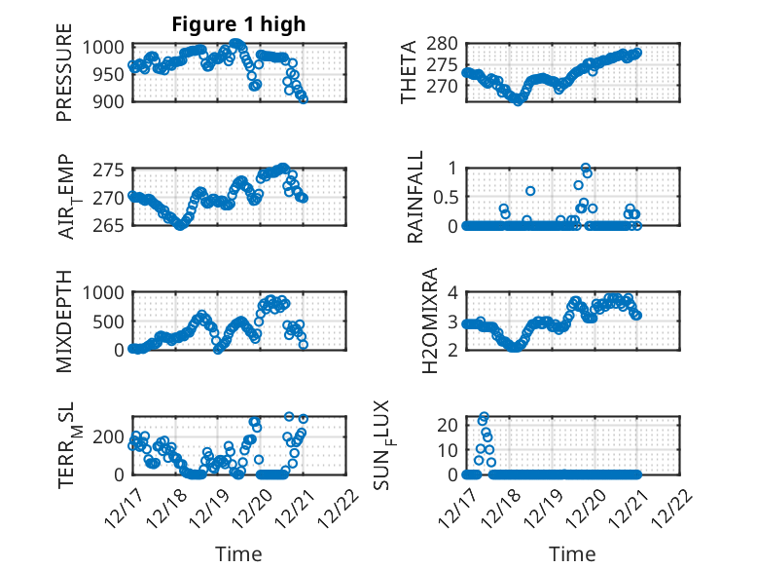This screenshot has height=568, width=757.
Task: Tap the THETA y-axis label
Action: click(x=409, y=72)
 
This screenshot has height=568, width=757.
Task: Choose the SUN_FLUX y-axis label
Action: click(x=409, y=444)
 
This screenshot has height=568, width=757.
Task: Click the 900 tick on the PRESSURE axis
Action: click(x=111, y=100)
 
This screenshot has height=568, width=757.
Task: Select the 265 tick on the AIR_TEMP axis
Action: click(x=111, y=225)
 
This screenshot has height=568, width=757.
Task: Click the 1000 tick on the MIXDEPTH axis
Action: click(x=105, y=292)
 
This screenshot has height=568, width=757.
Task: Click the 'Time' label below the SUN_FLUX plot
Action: click(x=572, y=554)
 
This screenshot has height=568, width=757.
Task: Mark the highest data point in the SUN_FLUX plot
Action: click(x=484, y=417)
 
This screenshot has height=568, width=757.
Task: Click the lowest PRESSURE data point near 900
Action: click(x=304, y=99)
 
